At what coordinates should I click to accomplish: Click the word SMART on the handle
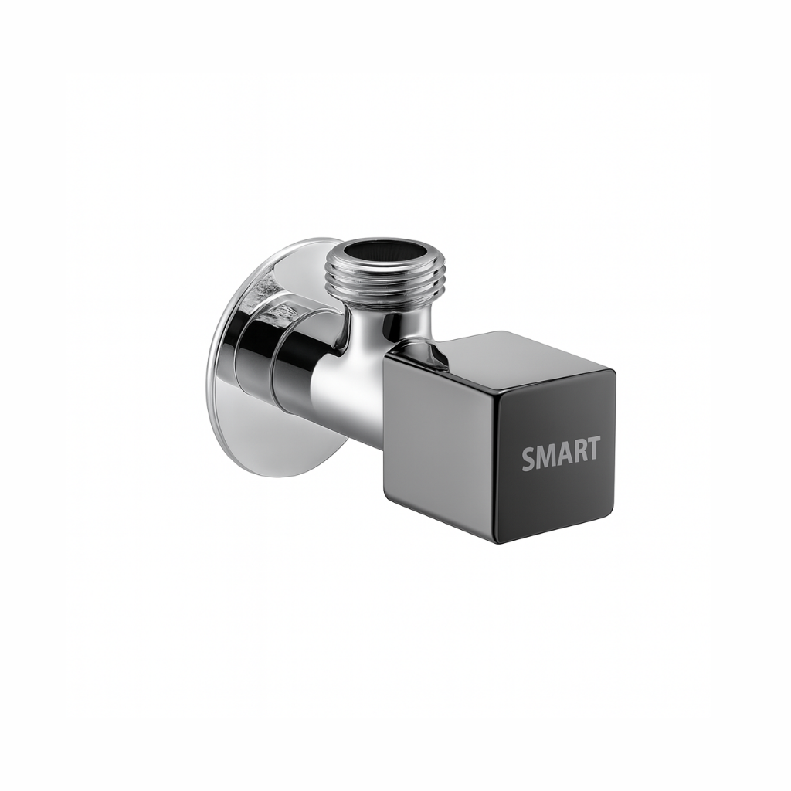click(561, 453)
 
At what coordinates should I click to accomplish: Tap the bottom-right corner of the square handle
click(613, 513)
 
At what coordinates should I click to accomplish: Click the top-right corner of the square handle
click(615, 374)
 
